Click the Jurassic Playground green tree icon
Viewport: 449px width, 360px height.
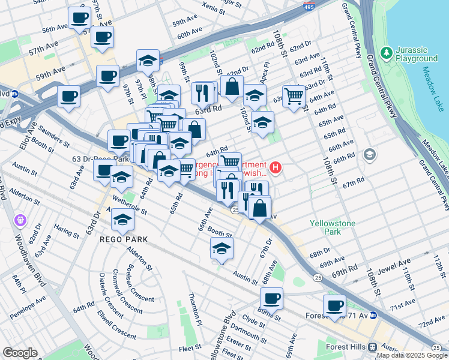coord(385,53)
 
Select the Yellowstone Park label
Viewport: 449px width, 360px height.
coord(333,227)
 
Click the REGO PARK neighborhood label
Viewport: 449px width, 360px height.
coord(124,239)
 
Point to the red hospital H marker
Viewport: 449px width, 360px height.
coord(276,167)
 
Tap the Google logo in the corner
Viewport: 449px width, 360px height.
coord(20,353)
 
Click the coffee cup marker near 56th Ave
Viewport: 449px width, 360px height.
coord(79,18)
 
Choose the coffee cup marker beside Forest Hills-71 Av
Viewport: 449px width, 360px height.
coord(334,306)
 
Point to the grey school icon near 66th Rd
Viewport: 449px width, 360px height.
coord(370,155)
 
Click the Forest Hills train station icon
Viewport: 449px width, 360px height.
coord(372,346)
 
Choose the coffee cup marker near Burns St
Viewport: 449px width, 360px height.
coord(271,298)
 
